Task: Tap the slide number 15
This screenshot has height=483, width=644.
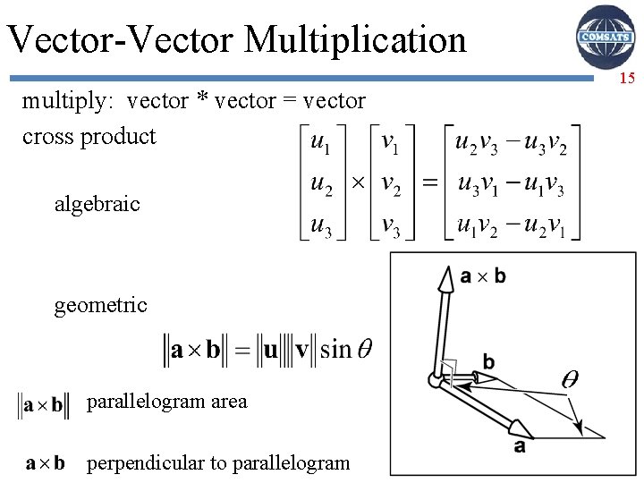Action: [x=627, y=79]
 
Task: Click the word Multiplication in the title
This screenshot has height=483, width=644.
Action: [x=354, y=39]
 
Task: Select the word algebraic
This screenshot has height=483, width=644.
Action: [x=97, y=204]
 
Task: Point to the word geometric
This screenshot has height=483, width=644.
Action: [x=100, y=306]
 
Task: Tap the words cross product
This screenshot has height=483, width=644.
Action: [x=89, y=137]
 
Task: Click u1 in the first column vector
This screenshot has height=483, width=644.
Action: [x=319, y=142]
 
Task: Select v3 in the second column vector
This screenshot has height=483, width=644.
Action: [x=390, y=225]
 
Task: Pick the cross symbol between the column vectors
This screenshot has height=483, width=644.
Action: [x=356, y=183]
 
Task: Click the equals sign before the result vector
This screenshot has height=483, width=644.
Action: [x=430, y=183]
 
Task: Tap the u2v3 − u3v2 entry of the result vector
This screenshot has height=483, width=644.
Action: [x=511, y=142]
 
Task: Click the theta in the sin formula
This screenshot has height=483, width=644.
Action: [x=364, y=349]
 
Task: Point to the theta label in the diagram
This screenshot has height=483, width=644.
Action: [x=569, y=379]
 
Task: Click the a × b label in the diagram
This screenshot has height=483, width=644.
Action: [x=483, y=276]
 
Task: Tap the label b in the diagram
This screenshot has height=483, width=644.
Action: [x=488, y=362]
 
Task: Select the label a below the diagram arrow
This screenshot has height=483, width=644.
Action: [x=520, y=445]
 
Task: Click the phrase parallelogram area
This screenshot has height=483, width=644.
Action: [x=166, y=402]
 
